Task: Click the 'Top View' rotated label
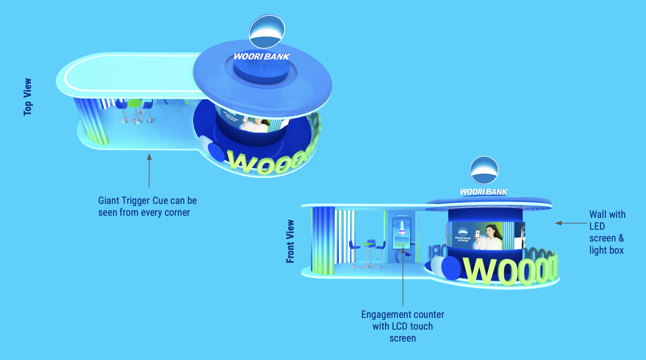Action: coord(28,97)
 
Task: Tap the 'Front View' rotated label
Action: coord(290,242)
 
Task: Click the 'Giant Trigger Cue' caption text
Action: coord(147,206)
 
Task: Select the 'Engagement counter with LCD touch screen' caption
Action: coord(402,326)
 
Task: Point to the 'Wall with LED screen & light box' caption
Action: coord(607,232)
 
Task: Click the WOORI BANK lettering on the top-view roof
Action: coord(261,56)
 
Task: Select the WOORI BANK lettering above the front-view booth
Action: coord(483,192)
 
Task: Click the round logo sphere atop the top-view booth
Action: coord(267,32)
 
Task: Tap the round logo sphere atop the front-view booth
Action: coord(484,170)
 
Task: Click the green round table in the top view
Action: coord(135,103)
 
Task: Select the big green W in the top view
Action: coord(241,162)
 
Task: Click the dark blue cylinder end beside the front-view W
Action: coord(451,268)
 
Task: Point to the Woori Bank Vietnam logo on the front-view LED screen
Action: coord(463,234)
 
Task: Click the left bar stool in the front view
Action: coord(353,248)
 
